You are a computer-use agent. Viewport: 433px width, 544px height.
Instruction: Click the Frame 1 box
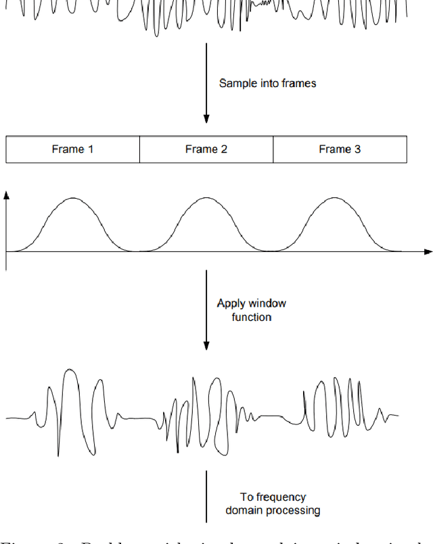pos(72,149)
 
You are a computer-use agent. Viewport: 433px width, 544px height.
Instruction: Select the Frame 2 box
pos(206,149)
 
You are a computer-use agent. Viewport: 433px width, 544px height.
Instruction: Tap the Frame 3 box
pos(340,149)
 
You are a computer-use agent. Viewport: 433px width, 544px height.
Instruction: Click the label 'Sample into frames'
pos(267,84)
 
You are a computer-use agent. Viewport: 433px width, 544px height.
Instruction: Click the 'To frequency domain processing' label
pos(273,503)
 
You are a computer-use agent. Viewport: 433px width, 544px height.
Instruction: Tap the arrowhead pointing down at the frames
pos(206,120)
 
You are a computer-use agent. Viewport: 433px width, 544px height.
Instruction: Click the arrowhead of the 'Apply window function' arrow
pos(206,346)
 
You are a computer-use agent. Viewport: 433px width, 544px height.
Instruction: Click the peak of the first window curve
pos(73,198)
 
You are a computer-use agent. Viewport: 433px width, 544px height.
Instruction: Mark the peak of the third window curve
pos(336,198)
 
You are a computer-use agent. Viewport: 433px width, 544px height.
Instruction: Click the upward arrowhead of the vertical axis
pos(6,195)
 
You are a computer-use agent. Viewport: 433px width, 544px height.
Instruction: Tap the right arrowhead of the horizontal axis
pos(428,252)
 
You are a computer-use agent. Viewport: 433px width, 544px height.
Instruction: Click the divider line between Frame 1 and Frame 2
pos(139,149)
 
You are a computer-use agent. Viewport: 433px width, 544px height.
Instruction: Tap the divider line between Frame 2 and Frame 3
pos(273,149)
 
